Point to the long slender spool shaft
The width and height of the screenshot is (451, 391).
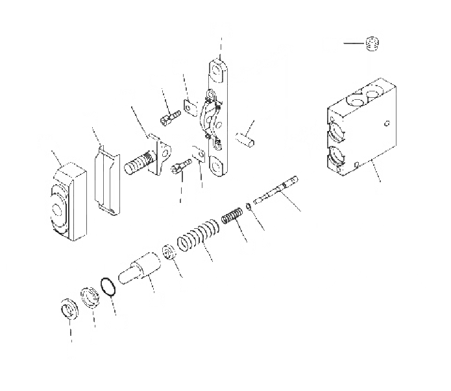[x=276, y=191]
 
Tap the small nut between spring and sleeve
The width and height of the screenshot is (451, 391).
[x=167, y=250]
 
